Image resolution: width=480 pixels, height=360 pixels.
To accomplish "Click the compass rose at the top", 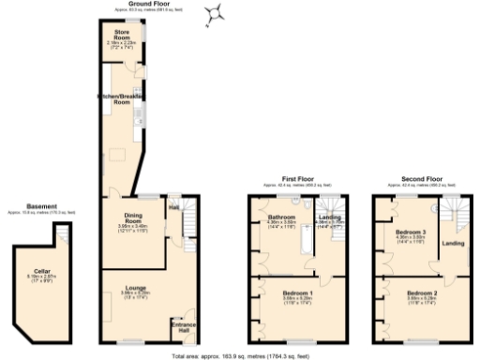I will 216,13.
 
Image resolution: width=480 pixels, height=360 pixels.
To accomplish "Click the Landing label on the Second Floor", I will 453,245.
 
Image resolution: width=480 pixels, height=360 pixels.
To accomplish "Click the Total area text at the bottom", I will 240,355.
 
